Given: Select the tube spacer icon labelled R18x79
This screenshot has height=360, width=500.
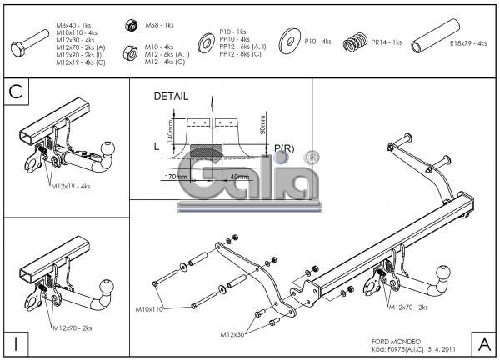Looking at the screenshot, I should click(x=425, y=42).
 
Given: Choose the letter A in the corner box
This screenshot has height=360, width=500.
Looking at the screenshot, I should click(x=482, y=343).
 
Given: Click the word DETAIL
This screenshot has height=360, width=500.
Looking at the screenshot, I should click(x=171, y=97).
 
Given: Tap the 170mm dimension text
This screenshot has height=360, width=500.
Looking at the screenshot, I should click(x=176, y=177).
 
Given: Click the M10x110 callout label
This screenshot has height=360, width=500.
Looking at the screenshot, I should click(x=150, y=309).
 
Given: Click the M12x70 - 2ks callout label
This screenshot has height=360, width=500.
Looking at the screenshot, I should click(x=407, y=307).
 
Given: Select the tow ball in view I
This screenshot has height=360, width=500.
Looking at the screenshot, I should click(x=107, y=282).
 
